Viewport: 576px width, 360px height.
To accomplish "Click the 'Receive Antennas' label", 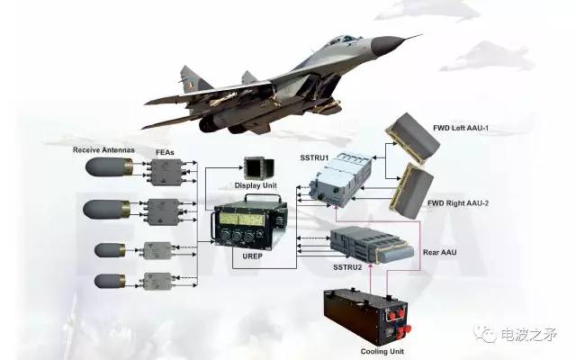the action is (103, 150).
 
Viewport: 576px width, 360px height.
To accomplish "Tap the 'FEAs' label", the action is (165, 152).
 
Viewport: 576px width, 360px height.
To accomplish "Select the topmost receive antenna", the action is (110, 167).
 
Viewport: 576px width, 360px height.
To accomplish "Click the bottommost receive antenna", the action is (110, 282).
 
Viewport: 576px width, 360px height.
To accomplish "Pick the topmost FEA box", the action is (166, 172).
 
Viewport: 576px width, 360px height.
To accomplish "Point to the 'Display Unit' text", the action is (256, 185).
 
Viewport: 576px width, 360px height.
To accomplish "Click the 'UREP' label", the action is (252, 256).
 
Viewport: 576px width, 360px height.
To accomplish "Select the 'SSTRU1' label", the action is (314, 158).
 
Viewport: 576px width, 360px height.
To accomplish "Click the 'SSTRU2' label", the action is (347, 267).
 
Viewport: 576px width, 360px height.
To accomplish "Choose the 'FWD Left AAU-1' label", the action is (461, 128).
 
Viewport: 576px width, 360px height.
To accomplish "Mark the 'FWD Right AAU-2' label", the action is (458, 202).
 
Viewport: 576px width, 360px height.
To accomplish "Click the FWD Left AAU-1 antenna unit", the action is (412, 138).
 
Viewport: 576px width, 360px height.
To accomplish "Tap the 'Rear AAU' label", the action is (440, 252).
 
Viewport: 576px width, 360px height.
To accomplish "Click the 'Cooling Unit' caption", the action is (382, 352).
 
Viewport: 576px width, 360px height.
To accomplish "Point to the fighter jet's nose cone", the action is (385, 44).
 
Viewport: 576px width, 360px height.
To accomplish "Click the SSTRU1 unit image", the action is (340, 180).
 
